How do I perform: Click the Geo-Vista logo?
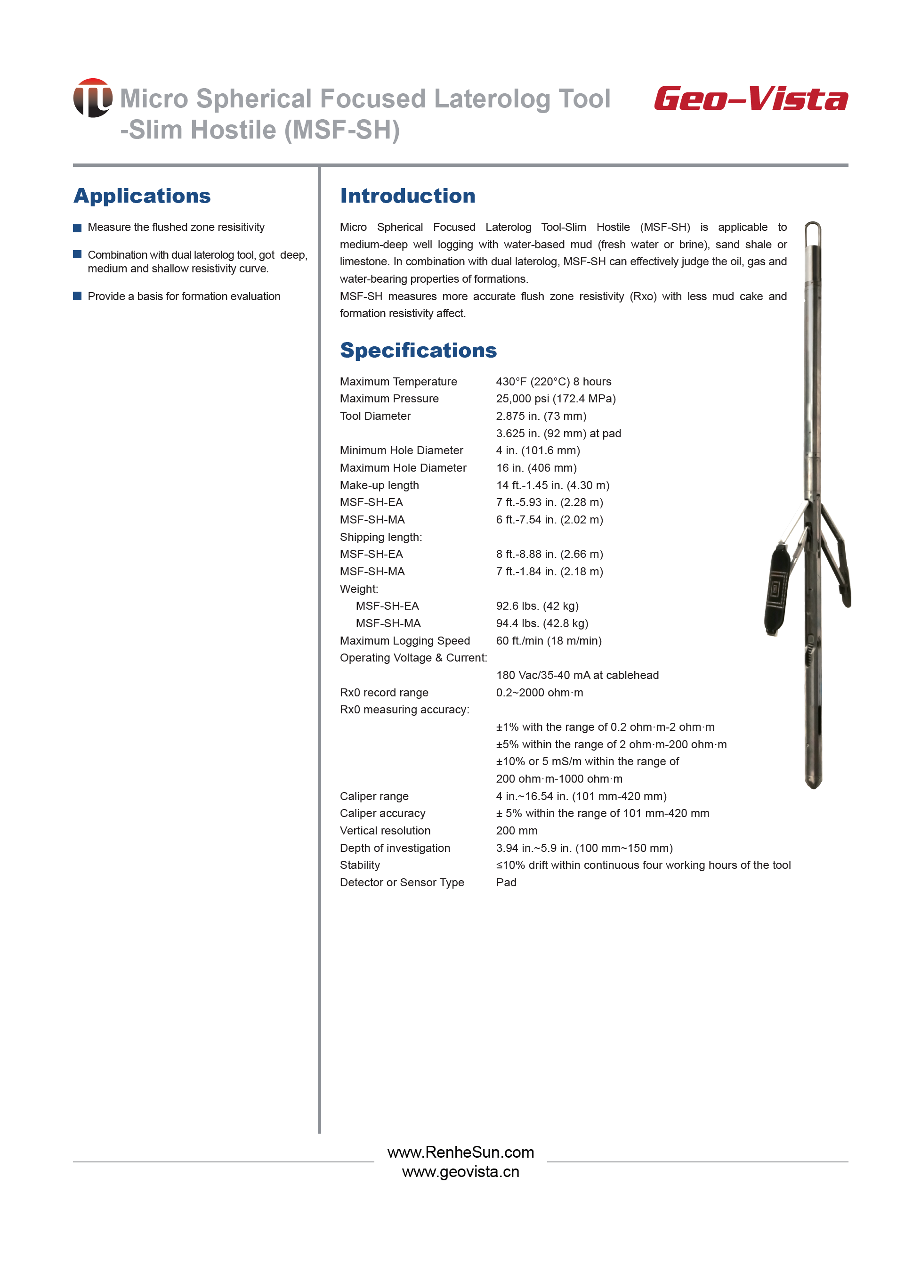(x=751, y=99)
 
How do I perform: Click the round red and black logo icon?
(x=93, y=98)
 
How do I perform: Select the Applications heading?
(x=142, y=196)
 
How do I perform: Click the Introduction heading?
(x=407, y=196)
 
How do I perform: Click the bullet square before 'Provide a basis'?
(x=78, y=296)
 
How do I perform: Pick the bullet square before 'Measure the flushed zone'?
(x=78, y=228)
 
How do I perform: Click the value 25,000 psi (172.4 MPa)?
(x=555, y=399)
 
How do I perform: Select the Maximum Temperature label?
(x=398, y=382)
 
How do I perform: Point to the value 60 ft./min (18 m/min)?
(x=549, y=641)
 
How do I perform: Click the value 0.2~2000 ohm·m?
(x=540, y=693)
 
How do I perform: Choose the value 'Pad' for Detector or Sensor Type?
(x=506, y=883)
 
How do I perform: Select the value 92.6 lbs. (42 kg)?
(x=537, y=606)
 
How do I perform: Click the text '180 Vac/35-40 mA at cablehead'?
(x=577, y=675)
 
